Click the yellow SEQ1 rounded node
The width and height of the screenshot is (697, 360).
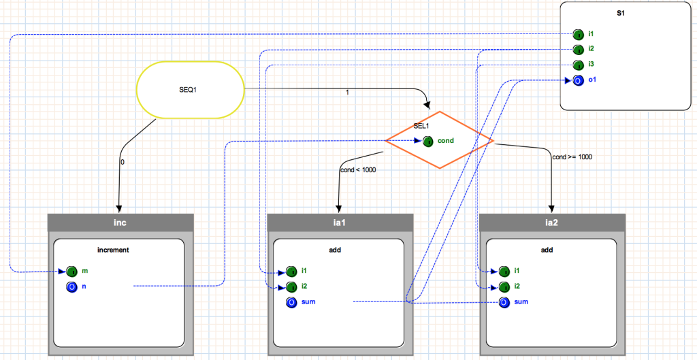191,90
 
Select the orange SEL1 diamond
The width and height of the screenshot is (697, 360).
440,140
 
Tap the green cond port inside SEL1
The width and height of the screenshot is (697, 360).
427,142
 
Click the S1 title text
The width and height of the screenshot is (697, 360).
621,14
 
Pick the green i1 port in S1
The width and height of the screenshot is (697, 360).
578,34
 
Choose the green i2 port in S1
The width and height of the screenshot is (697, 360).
578,49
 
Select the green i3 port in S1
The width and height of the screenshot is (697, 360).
578,65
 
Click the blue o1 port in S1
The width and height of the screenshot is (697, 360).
578,80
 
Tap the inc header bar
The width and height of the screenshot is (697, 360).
120,223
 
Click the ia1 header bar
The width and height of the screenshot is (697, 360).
340,223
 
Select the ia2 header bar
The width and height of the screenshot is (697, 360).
552,223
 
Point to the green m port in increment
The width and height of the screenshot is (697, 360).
72,271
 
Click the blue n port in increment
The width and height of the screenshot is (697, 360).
72,287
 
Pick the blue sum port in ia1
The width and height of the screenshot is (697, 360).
291,302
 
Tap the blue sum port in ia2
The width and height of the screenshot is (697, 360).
504,302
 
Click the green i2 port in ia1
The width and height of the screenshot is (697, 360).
291,287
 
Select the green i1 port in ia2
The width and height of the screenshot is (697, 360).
504,271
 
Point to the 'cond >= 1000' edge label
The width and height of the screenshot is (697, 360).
572,157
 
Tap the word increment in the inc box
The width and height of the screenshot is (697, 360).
113,250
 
